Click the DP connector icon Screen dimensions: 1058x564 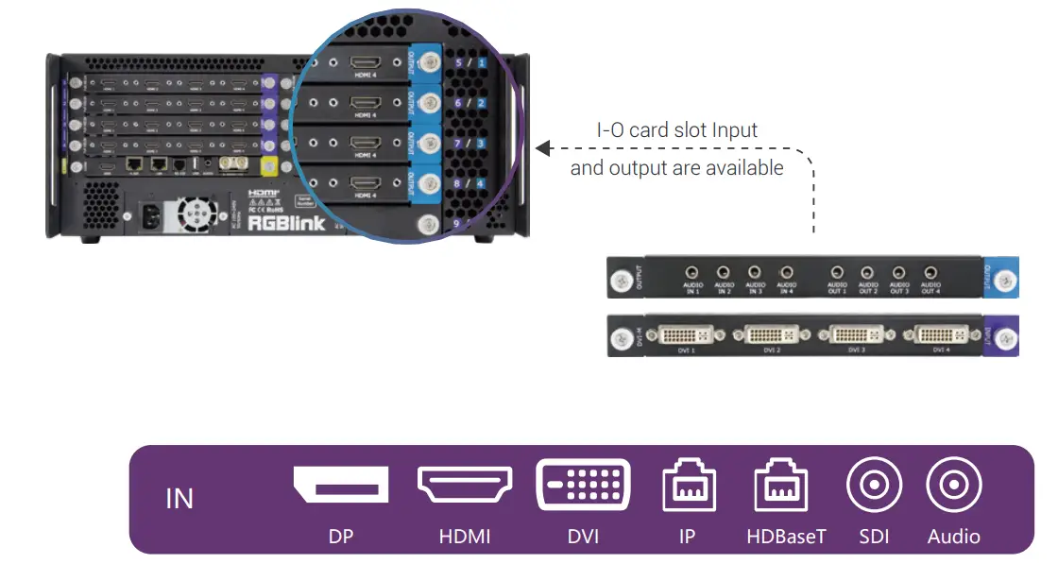point(340,484)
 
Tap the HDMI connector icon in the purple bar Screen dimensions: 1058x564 point(465,484)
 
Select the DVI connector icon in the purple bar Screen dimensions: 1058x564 point(583,486)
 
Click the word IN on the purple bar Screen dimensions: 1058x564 point(179,498)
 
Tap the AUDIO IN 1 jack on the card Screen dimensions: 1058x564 point(693,272)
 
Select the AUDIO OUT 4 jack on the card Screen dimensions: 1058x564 point(930,272)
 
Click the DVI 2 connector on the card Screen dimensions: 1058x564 point(773,334)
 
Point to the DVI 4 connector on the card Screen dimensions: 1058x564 point(940,334)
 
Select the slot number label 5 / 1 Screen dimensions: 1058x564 point(469,63)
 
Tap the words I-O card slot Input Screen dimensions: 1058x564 point(676,130)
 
